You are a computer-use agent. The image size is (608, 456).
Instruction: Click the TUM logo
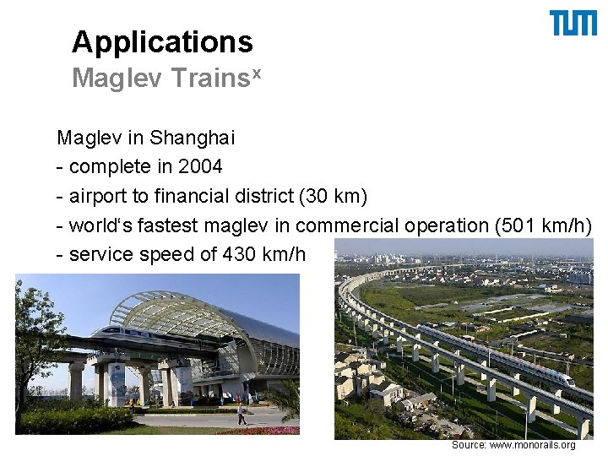point(573,24)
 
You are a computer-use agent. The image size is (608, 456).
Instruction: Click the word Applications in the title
point(162,41)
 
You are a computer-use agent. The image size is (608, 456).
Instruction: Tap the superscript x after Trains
point(257,73)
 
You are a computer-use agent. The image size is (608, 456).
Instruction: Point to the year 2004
point(199,166)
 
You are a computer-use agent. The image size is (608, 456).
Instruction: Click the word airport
point(96,196)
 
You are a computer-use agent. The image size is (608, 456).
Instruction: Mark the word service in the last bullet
point(98,254)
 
